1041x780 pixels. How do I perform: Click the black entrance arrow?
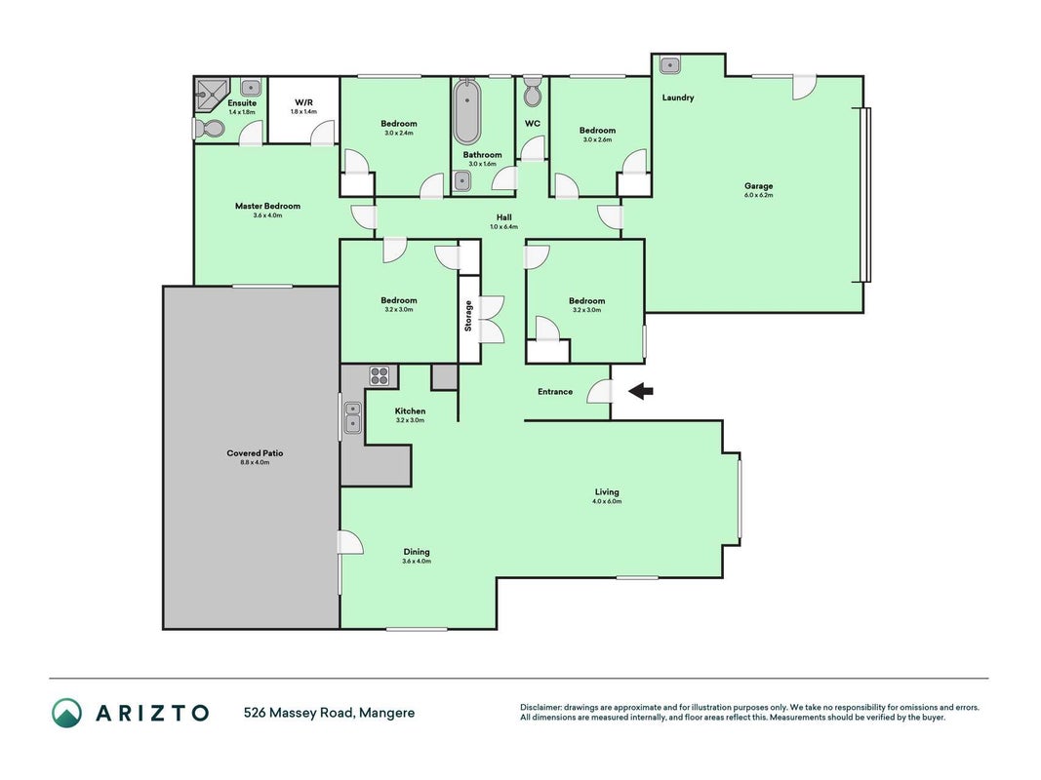[x=641, y=391]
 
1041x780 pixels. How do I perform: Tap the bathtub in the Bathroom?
[x=467, y=111]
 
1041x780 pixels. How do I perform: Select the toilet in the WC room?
[x=533, y=93]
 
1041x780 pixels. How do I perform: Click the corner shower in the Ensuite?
[x=211, y=95]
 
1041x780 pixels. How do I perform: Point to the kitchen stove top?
[x=380, y=376]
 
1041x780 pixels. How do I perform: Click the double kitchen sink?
[x=352, y=418]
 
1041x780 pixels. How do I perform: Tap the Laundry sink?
[x=670, y=65]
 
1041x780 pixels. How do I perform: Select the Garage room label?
[x=758, y=186]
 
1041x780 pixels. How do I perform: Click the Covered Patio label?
[x=255, y=453]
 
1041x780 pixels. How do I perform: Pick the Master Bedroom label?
[x=267, y=206]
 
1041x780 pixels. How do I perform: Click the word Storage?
[x=468, y=316]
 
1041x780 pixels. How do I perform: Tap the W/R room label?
[x=303, y=102]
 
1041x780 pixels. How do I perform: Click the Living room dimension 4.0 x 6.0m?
[x=607, y=501]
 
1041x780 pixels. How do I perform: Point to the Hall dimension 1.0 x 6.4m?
[x=503, y=227]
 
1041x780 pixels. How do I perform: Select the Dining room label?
[x=417, y=552]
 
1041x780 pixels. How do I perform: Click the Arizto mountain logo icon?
[x=67, y=713]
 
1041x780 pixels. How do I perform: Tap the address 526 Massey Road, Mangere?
[x=330, y=713]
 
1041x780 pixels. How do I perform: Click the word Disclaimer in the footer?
[x=541, y=708]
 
